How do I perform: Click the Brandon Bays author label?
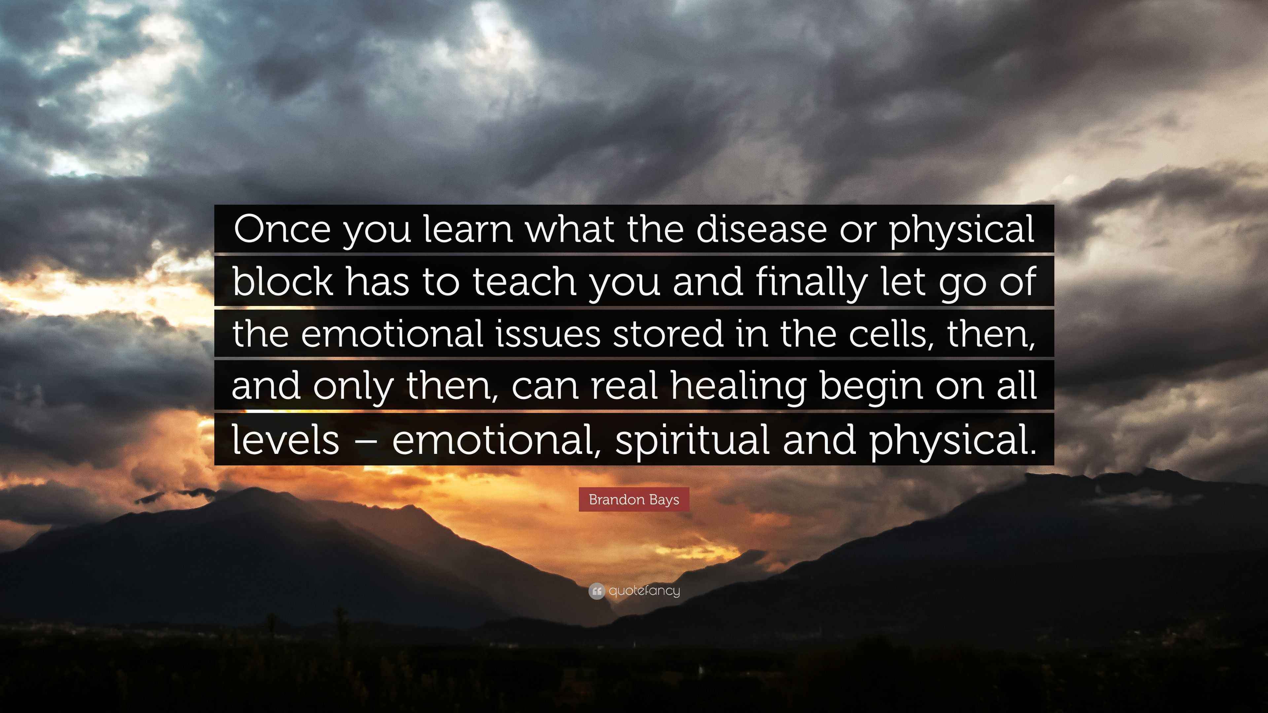tap(634, 499)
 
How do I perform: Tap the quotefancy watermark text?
tap(644, 591)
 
